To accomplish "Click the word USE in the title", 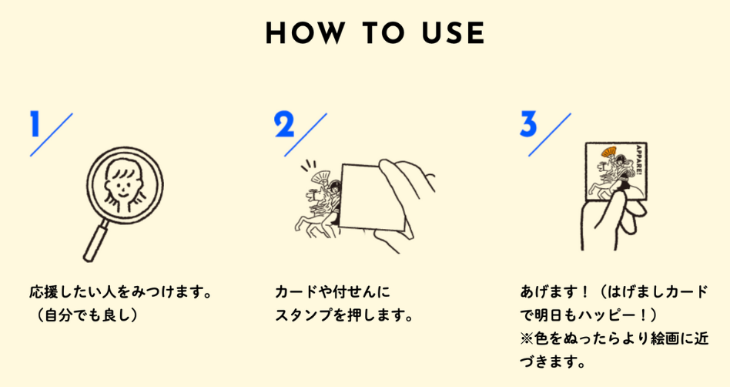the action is (x=453, y=33).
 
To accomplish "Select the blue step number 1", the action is (x=35, y=123).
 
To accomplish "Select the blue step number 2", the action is (x=284, y=124).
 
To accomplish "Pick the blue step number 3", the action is (x=528, y=124).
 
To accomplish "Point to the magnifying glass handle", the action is (x=96, y=241).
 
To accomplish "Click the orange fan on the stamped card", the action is (x=608, y=152).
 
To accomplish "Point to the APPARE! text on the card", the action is (x=638, y=160).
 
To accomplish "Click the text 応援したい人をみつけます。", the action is (x=121, y=292).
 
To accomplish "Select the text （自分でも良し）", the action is (x=85, y=315).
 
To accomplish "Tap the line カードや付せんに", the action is (x=333, y=292).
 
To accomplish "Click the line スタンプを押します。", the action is (x=344, y=315).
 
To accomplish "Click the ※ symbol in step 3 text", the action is (x=527, y=338).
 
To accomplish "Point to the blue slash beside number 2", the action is (x=306, y=134).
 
